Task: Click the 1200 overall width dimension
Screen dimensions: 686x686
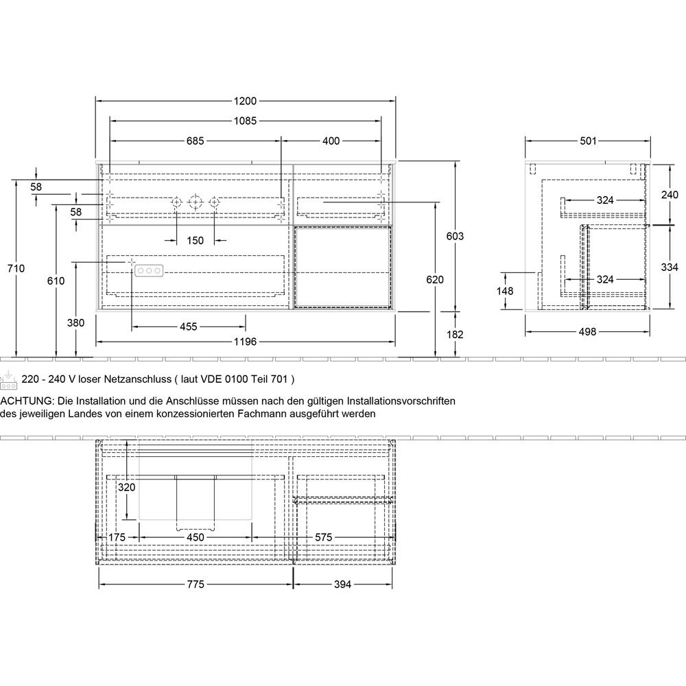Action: [x=246, y=101]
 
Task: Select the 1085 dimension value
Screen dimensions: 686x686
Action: [x=246, y=121]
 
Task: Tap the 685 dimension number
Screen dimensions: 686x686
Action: [x=195, y=141]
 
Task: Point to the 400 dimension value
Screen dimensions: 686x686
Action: [x=331, y=141]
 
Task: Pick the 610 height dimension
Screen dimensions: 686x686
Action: [x=56, y=281]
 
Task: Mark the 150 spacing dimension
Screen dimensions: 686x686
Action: [x=196, y=240]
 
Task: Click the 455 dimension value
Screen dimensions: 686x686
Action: [x=188, y=327]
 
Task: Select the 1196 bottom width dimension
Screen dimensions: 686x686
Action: [x=246, y=341]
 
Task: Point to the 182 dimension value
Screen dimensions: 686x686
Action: [x=455, y=334]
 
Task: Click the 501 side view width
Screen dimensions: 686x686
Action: [x=587, y=141]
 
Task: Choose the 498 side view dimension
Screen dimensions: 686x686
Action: [x=587, y=332]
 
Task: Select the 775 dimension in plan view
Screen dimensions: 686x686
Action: [x=196, y=584]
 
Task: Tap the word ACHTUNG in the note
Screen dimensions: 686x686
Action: [x=25, y=401]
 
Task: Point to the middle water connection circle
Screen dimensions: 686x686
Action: [x=196, y=202]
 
